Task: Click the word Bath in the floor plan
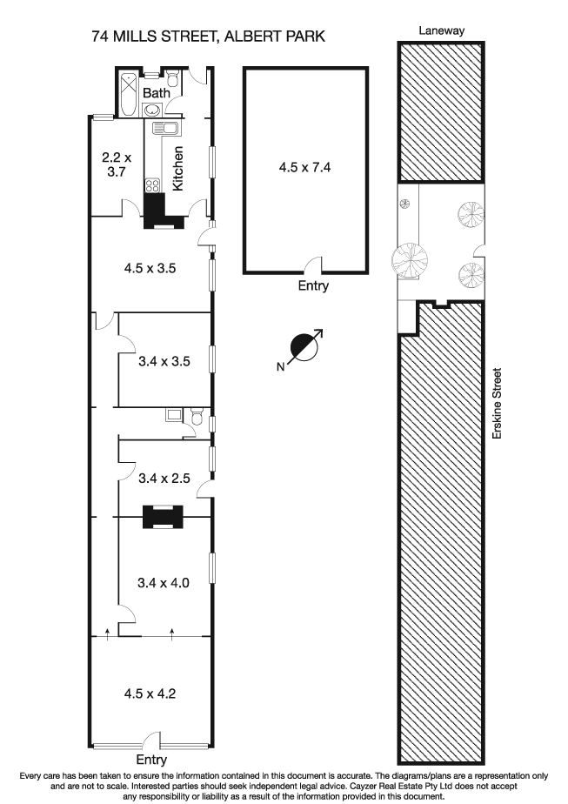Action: (157, 93)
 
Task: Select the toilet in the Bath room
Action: (174, 80)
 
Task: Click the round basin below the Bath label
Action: (153, 110)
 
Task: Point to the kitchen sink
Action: (164, 129)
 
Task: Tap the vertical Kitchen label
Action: (177, 168)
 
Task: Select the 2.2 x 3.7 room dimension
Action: (115, 164)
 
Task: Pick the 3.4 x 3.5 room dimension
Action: (164, 359)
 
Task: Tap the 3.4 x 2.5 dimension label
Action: (164, 477)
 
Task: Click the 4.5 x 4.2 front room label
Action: (150, 693)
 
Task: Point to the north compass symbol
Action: (305, 347)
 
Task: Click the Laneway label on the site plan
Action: (441, 30)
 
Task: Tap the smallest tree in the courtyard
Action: (404, 204)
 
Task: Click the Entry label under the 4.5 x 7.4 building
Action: (313, 286)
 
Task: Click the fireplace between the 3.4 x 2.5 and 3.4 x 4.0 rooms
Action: (163, 517)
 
